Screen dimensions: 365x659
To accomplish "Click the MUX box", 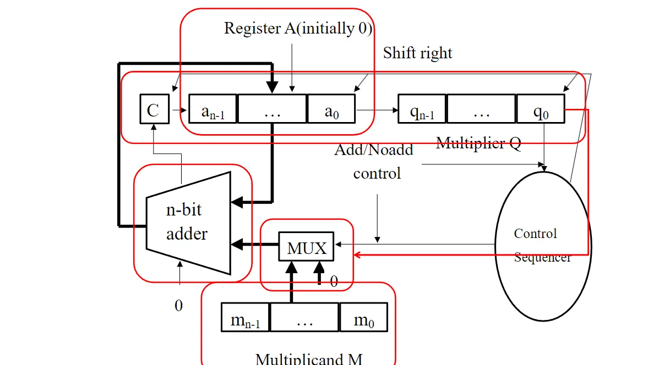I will [x=307, y=248].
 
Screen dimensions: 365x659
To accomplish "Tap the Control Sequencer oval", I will [x=542, y=245].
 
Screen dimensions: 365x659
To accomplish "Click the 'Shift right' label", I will [x=417, y=53].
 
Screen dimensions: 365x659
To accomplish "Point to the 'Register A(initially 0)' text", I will [x=298, y=29].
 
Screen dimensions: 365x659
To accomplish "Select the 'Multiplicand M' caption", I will [x=309, y=358].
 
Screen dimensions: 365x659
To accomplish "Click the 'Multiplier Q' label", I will [x=478, y=143].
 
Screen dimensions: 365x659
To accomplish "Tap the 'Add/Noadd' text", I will [x=374, y=150].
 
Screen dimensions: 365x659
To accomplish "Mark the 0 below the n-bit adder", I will [x=178, y=306].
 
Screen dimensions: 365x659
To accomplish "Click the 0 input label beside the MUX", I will [x=334, y=282].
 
